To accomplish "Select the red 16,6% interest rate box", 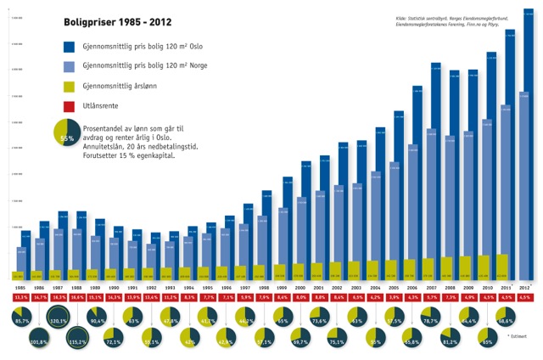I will coord(78,298).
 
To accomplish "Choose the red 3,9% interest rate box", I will coord(395,298).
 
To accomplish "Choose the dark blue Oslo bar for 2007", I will coord(435,170).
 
